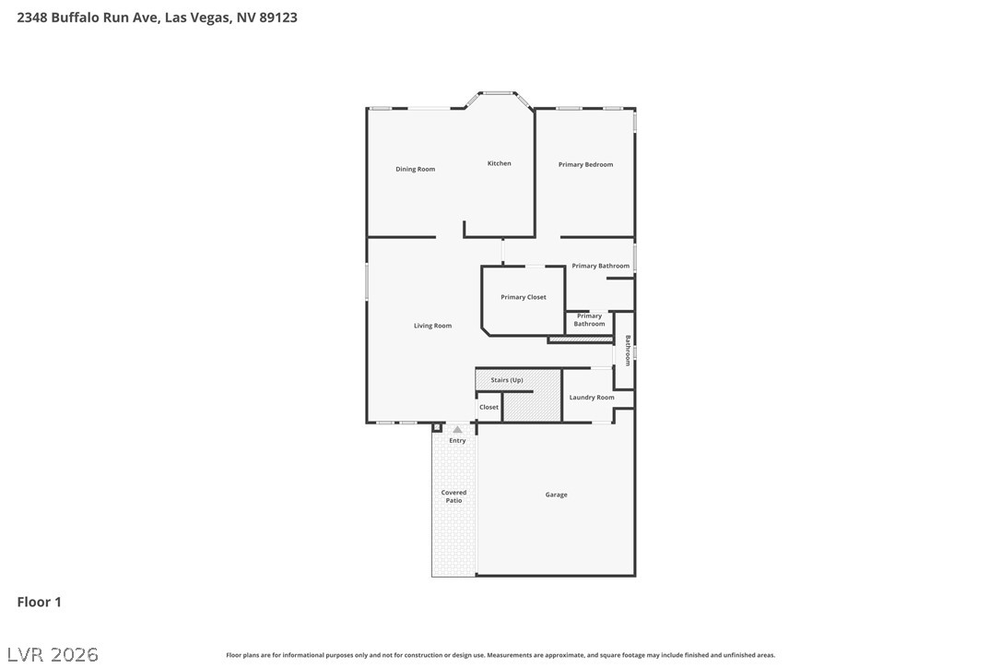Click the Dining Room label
[415, 170]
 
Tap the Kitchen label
[500, 163]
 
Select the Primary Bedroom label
[585, 165]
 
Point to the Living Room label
[432, 326]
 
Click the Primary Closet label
[524, 297]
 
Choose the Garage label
[556, 495]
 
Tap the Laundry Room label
[592, 398]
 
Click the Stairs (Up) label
[507, 380]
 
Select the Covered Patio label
[453, 496]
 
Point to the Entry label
[457, 441]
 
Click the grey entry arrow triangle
[457, 430]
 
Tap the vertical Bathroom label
[628, 351]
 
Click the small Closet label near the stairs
[489, 407]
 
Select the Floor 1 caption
[39, 602]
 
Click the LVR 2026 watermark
[53, 654]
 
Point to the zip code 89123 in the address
[278, 18]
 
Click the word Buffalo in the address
[76, 18]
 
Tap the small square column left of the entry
[437, 427]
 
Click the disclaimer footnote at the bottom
[500, 655]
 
